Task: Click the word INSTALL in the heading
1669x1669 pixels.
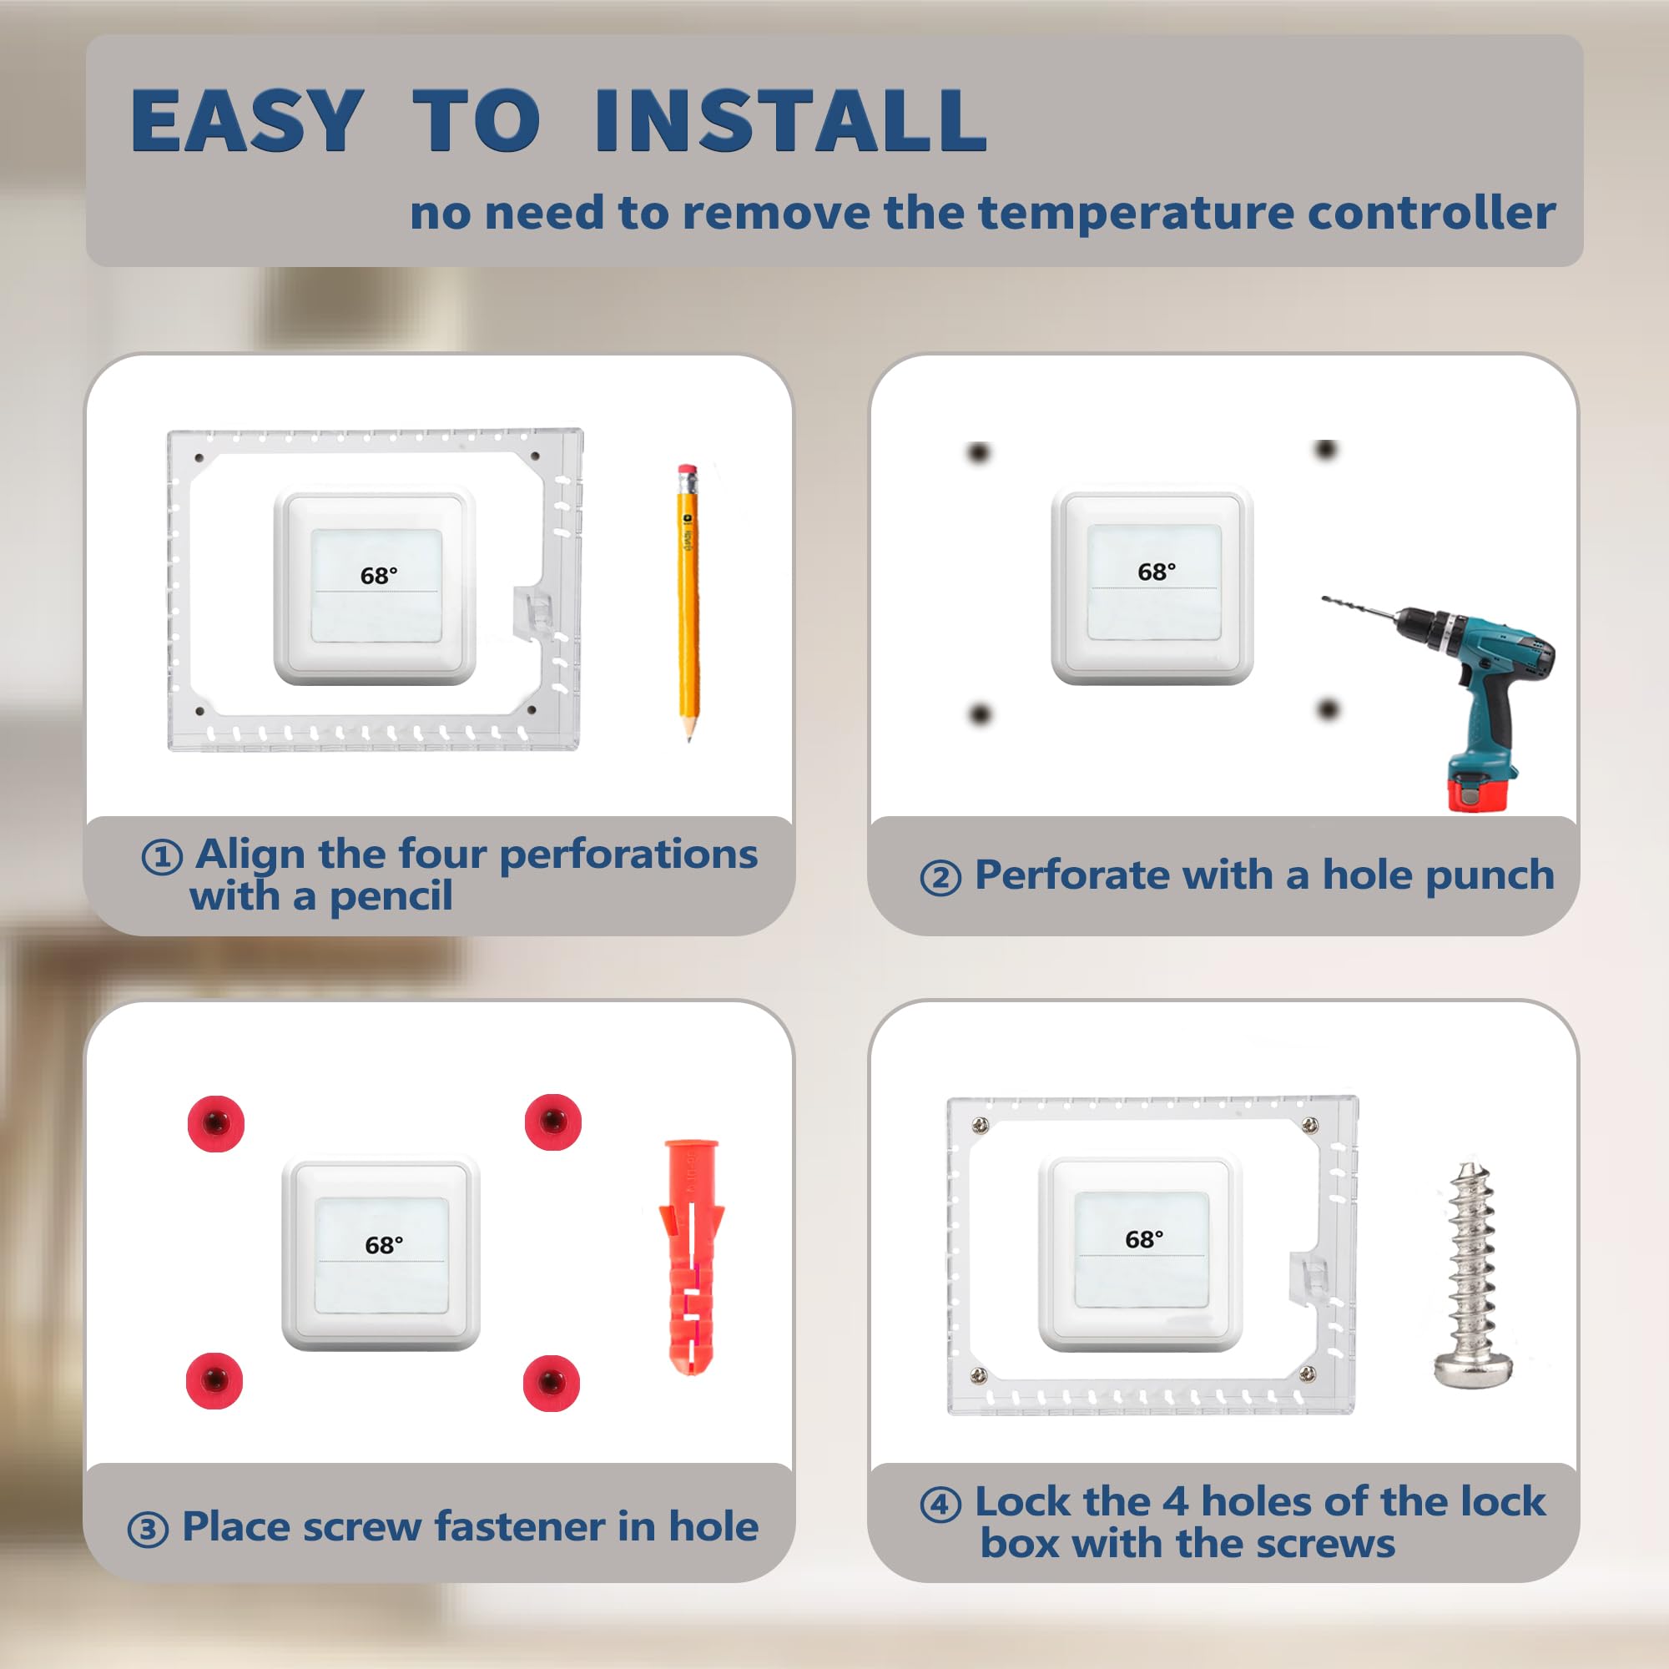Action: click(x=790, y=120)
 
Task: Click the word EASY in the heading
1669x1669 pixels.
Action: click(x=247, y=120)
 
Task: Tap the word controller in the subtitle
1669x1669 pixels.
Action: click(x=1431, y=213)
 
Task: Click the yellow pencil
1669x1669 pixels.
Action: click(x=688, y=603)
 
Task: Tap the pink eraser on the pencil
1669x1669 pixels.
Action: click(x=688, y=472)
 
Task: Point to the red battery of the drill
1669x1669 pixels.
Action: click(x=1479, y=790)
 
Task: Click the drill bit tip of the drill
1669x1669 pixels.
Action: click(x=1324, y=598)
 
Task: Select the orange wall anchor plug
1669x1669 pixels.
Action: click(x=691, y=1258)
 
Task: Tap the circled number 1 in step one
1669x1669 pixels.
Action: click(x=162, y=858)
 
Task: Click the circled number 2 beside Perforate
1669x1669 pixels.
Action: click(x=940, y=879)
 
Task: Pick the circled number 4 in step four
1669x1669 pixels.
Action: click(x=940, y=1504)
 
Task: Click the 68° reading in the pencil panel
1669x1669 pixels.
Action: click(x=379, y=575)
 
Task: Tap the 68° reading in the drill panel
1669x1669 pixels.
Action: click(x=1156, y=572)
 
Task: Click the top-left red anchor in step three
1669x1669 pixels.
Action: click(x=216, y=1123)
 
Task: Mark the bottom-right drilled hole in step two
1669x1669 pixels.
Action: click(x=1328, y=710)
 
